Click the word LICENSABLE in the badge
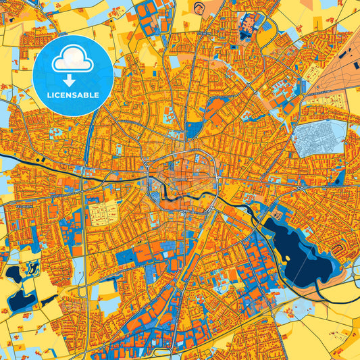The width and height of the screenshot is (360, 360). (72, 95)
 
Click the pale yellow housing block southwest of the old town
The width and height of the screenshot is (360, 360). (103, 214)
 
